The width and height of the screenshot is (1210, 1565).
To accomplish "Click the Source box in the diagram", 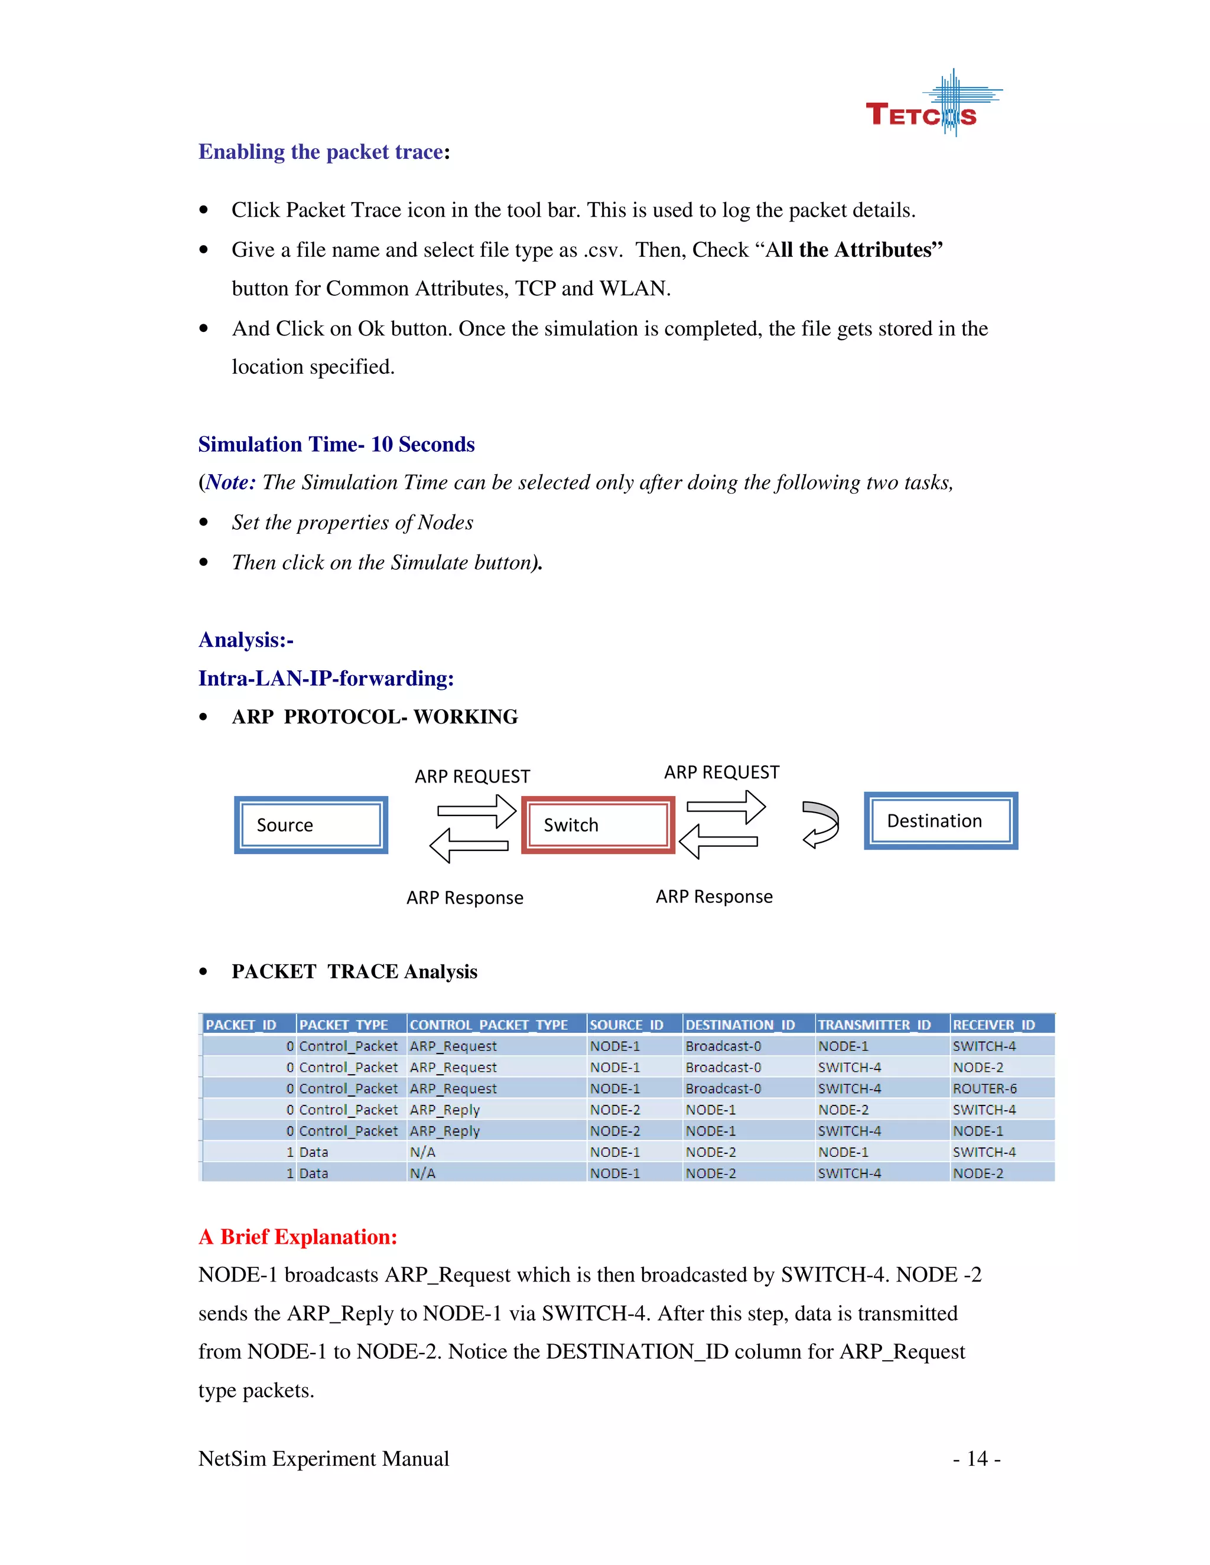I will point(310,825).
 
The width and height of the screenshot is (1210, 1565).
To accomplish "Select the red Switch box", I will point(598,825).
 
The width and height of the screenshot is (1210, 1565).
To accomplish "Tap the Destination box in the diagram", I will point(941,820).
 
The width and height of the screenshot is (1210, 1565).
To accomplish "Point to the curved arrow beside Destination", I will point(821,824).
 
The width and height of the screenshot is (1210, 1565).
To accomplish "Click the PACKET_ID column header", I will point(242,1025).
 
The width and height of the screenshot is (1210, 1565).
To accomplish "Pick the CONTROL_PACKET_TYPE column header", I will point(489,1025).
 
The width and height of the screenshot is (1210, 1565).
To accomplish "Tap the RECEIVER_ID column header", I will point(994,1025).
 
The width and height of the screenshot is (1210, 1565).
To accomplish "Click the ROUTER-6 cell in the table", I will point(984,1088).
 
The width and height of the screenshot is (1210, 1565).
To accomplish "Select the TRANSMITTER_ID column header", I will point(874,1025).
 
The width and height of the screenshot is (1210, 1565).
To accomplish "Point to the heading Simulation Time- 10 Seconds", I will point(336,444).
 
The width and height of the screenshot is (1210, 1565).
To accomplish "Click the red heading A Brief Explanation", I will point(298,1237).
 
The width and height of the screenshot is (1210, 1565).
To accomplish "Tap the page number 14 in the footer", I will point(976,1458).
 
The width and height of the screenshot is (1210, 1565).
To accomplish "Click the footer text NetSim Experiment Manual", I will point(323,1458).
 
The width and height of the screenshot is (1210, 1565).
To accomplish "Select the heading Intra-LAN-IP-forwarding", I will point(326,678).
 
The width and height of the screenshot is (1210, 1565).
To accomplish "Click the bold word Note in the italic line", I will point(229,482).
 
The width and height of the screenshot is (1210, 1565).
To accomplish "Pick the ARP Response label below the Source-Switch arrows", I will point(464,898).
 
